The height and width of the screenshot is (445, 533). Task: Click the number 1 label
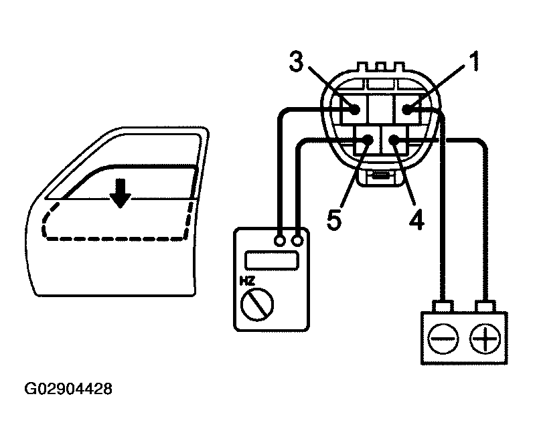point(472,64)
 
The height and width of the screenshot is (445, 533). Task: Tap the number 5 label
point(337,219)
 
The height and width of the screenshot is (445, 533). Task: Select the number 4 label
point(416,219)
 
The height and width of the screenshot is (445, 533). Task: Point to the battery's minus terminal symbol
point(443,339)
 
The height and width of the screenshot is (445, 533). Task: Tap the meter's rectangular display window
point(272,260)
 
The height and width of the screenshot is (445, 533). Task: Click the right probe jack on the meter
point(297,238)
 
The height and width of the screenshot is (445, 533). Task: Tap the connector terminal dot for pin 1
point(408,109)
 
